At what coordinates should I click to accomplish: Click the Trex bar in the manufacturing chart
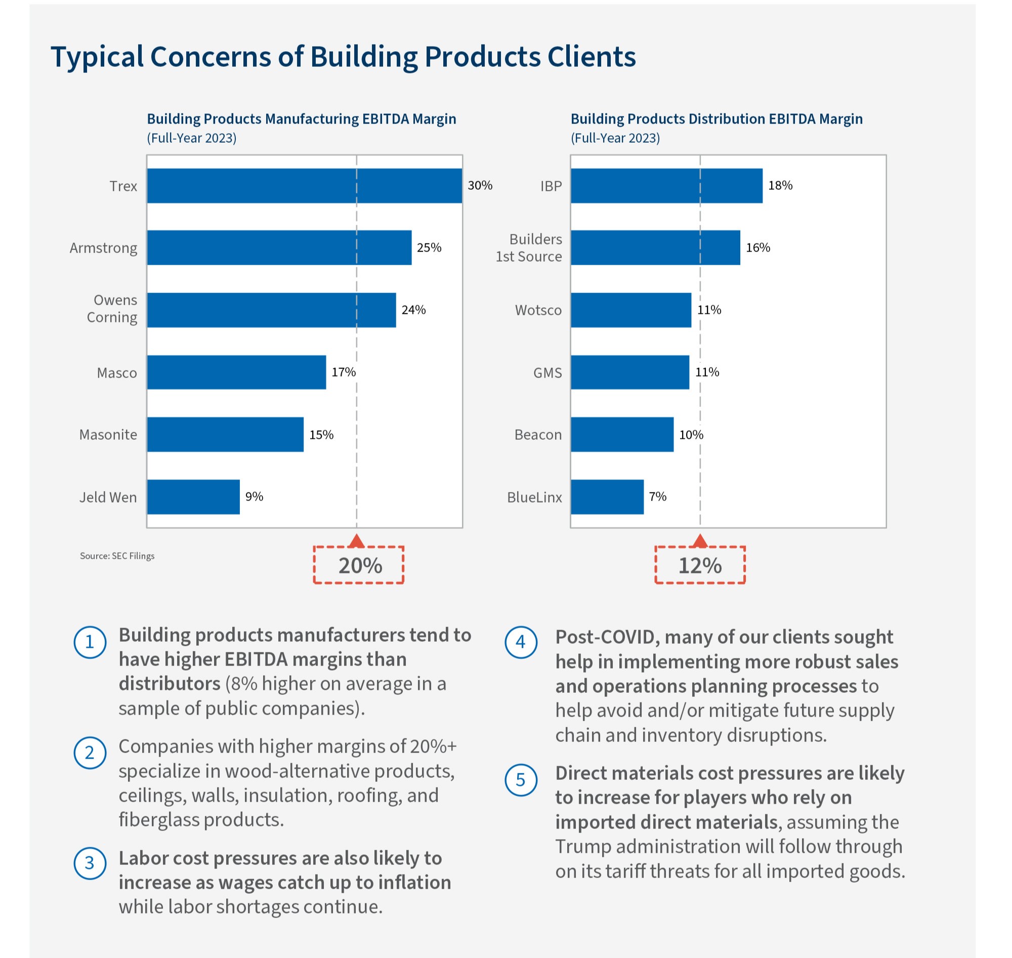coord(304,186)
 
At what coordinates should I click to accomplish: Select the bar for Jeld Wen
coord(193,497)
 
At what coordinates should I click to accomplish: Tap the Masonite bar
coord(225,435)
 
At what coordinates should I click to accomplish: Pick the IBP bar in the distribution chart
coord(666,186)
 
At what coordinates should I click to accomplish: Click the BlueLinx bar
coord(607,497)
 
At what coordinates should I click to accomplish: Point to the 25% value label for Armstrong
coord(429,247)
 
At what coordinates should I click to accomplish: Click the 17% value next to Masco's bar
coord(344,372)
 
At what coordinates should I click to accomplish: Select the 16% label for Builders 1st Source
coord(757,247)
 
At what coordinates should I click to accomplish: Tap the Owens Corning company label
coord(112,309)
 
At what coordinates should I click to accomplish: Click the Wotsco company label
coord(538,310)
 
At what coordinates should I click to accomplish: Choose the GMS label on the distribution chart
coord(547,373)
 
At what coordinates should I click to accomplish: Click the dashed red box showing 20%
coord(359,565)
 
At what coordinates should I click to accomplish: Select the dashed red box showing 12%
coord(700,565)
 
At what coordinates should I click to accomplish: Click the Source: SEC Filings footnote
coord(117,556)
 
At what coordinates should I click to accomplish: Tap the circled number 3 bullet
coord(90,863)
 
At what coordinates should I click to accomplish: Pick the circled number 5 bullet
coord(521,780)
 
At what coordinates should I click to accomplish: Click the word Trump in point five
coord(582,847)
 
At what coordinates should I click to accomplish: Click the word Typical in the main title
coord(97,57)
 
